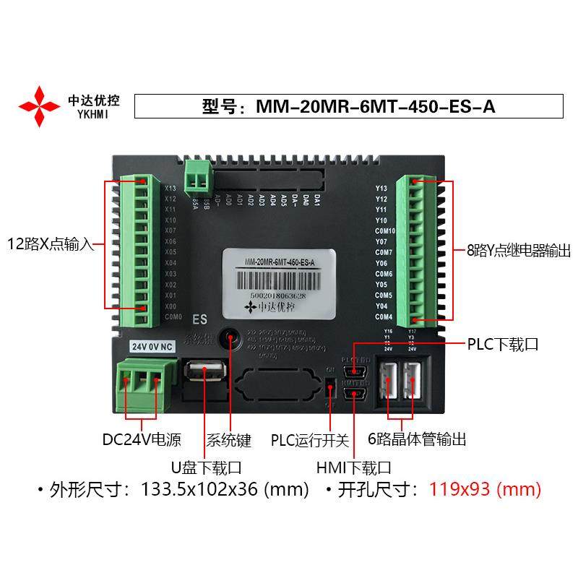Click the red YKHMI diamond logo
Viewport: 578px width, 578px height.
[x=39, y=106]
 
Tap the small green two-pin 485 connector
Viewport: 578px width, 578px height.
[x=196, y=176]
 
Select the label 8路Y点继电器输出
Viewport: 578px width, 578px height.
[x=518, y=251]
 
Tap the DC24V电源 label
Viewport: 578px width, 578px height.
[x=142, y=439]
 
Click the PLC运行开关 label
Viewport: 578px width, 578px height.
[x=310, y=440]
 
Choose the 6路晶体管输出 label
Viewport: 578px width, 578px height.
[x=417, y=439]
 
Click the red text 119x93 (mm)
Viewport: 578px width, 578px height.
[x=485, y=490]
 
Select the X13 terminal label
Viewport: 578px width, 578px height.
[x=171, y=189]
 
